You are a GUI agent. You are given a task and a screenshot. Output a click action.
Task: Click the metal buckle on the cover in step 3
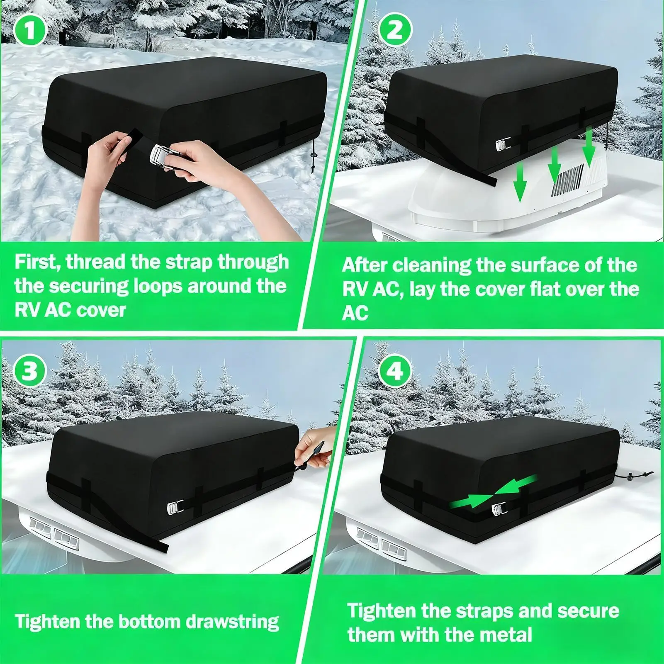172,507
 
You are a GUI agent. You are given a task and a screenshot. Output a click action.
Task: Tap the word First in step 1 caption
36,263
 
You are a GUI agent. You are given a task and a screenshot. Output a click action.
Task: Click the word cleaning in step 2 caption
431,265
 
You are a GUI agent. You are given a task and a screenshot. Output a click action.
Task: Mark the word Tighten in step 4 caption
381,611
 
